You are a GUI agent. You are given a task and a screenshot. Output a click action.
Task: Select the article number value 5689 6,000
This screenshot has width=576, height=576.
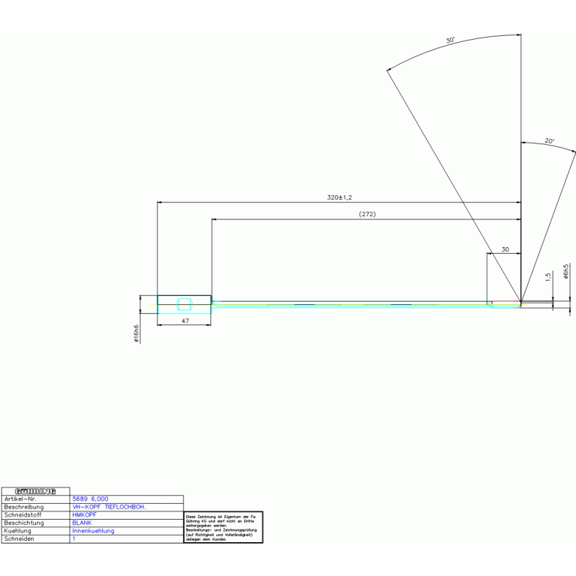pos(90,499)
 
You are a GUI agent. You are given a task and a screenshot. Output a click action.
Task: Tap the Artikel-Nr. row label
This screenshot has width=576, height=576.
pos(20,499)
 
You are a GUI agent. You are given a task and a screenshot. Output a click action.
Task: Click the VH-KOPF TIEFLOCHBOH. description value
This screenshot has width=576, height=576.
pos(109,507)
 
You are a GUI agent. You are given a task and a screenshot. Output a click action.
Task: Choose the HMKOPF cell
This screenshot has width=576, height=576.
pos(84,515)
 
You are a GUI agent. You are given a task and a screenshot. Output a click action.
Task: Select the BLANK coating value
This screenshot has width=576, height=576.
pos(82,523)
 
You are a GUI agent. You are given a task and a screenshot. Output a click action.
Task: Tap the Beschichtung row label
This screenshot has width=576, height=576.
pos(24,523)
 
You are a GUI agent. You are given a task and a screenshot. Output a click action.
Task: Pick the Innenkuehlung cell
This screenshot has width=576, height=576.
pos(93,531)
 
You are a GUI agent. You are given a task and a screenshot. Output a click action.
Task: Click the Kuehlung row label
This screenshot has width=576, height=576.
pos(18,531)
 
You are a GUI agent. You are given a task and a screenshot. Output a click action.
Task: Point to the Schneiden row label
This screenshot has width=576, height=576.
pos(20,539)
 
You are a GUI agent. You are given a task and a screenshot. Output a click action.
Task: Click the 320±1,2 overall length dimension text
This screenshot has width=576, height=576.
pos(339,197)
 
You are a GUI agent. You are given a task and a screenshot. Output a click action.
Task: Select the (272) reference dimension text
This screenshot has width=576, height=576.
pos(366,214)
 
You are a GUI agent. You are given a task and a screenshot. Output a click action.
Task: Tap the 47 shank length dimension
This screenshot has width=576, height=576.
pos(185,321)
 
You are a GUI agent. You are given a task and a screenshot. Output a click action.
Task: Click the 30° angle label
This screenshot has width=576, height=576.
pos(450,41)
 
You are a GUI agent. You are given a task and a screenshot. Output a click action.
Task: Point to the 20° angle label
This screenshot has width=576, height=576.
pos(549,141)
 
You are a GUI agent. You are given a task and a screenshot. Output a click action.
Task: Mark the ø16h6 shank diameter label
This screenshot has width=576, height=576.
pos(136,333)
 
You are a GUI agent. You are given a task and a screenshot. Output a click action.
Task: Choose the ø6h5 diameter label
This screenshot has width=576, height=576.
pos(565,272)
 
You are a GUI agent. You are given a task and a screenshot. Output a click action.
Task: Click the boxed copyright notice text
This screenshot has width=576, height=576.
pos(223,528)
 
